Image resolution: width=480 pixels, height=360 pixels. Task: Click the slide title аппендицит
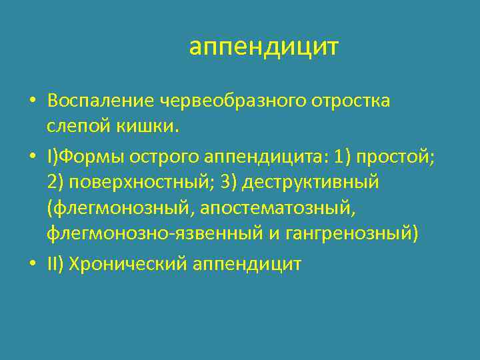pos(263,47)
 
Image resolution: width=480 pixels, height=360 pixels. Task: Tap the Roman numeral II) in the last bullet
pos(57,265)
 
